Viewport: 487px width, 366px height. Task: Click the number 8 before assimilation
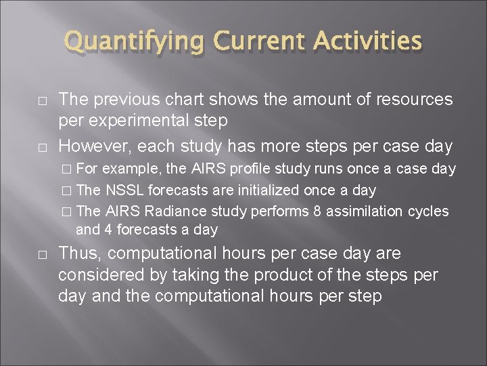tap(317, 211)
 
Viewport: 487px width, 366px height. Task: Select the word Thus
tap(80, 254)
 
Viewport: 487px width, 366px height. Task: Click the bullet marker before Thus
tap(42, 255)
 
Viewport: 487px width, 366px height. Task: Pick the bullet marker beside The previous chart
tap(42, 100)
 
